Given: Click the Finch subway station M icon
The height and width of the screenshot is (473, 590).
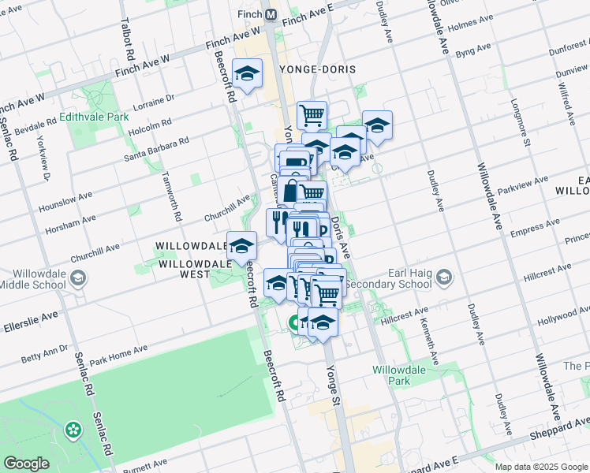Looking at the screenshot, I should [271, 15].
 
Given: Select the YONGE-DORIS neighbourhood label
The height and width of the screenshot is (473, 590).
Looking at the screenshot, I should [316, 70].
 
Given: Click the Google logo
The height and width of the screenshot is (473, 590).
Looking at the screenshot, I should [26, 464].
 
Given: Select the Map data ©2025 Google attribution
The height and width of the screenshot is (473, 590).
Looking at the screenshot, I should [541, 467].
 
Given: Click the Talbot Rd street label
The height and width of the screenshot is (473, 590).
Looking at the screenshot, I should [125, 39].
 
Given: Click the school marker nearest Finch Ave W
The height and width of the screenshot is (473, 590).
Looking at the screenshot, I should [248, 75].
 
